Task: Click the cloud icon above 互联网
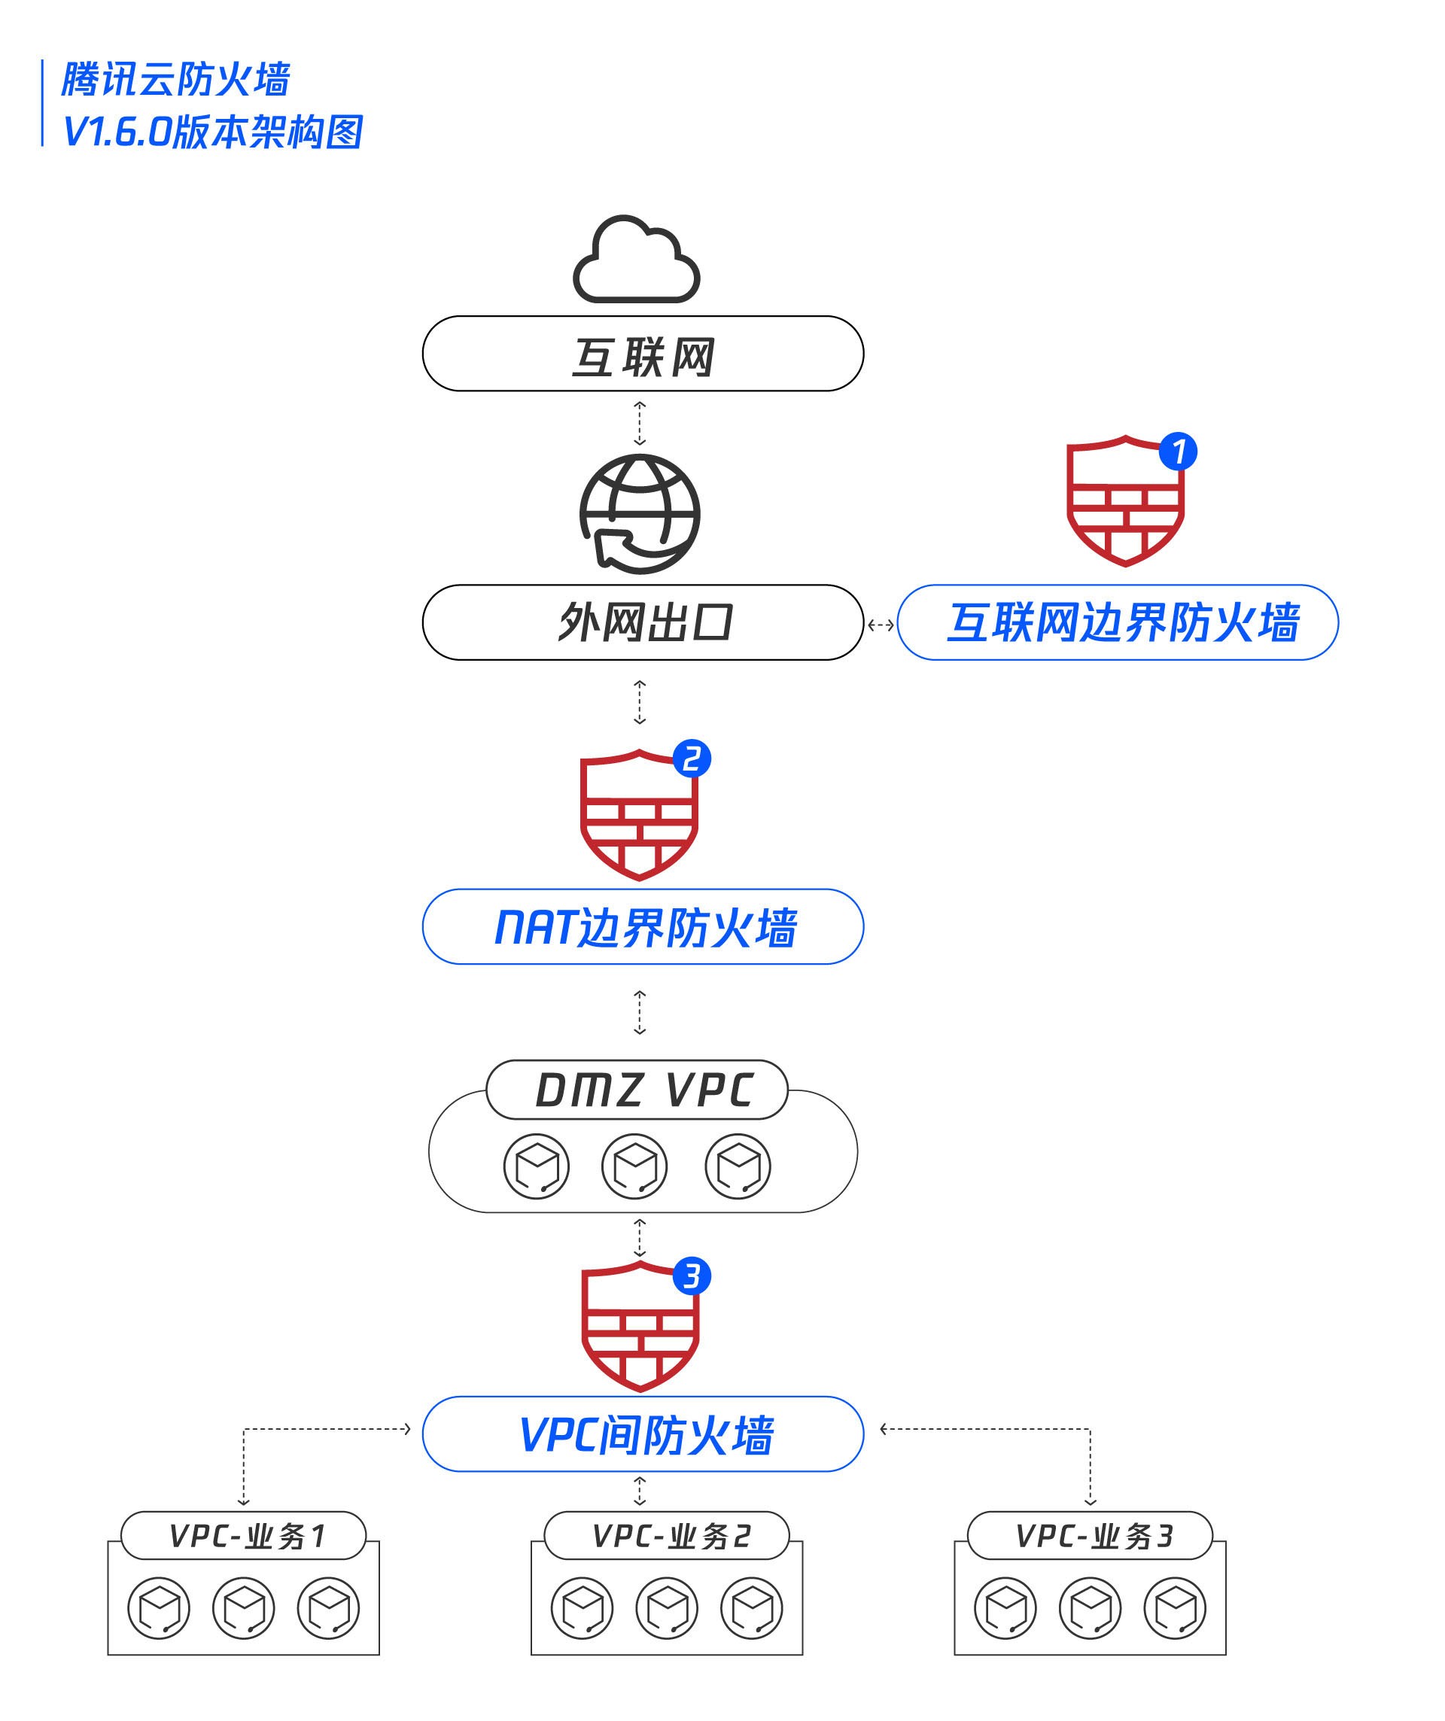636,260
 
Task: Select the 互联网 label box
643,354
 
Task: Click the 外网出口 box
643,623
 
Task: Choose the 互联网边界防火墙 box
1118,623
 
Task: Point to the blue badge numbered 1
1178,452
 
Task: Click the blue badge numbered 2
692,758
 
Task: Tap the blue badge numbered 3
692,1276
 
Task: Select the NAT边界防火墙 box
643,927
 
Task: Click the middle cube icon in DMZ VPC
634,1166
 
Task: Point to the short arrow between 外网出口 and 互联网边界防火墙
881,625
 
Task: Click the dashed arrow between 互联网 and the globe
640,423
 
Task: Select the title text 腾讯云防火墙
175,81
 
